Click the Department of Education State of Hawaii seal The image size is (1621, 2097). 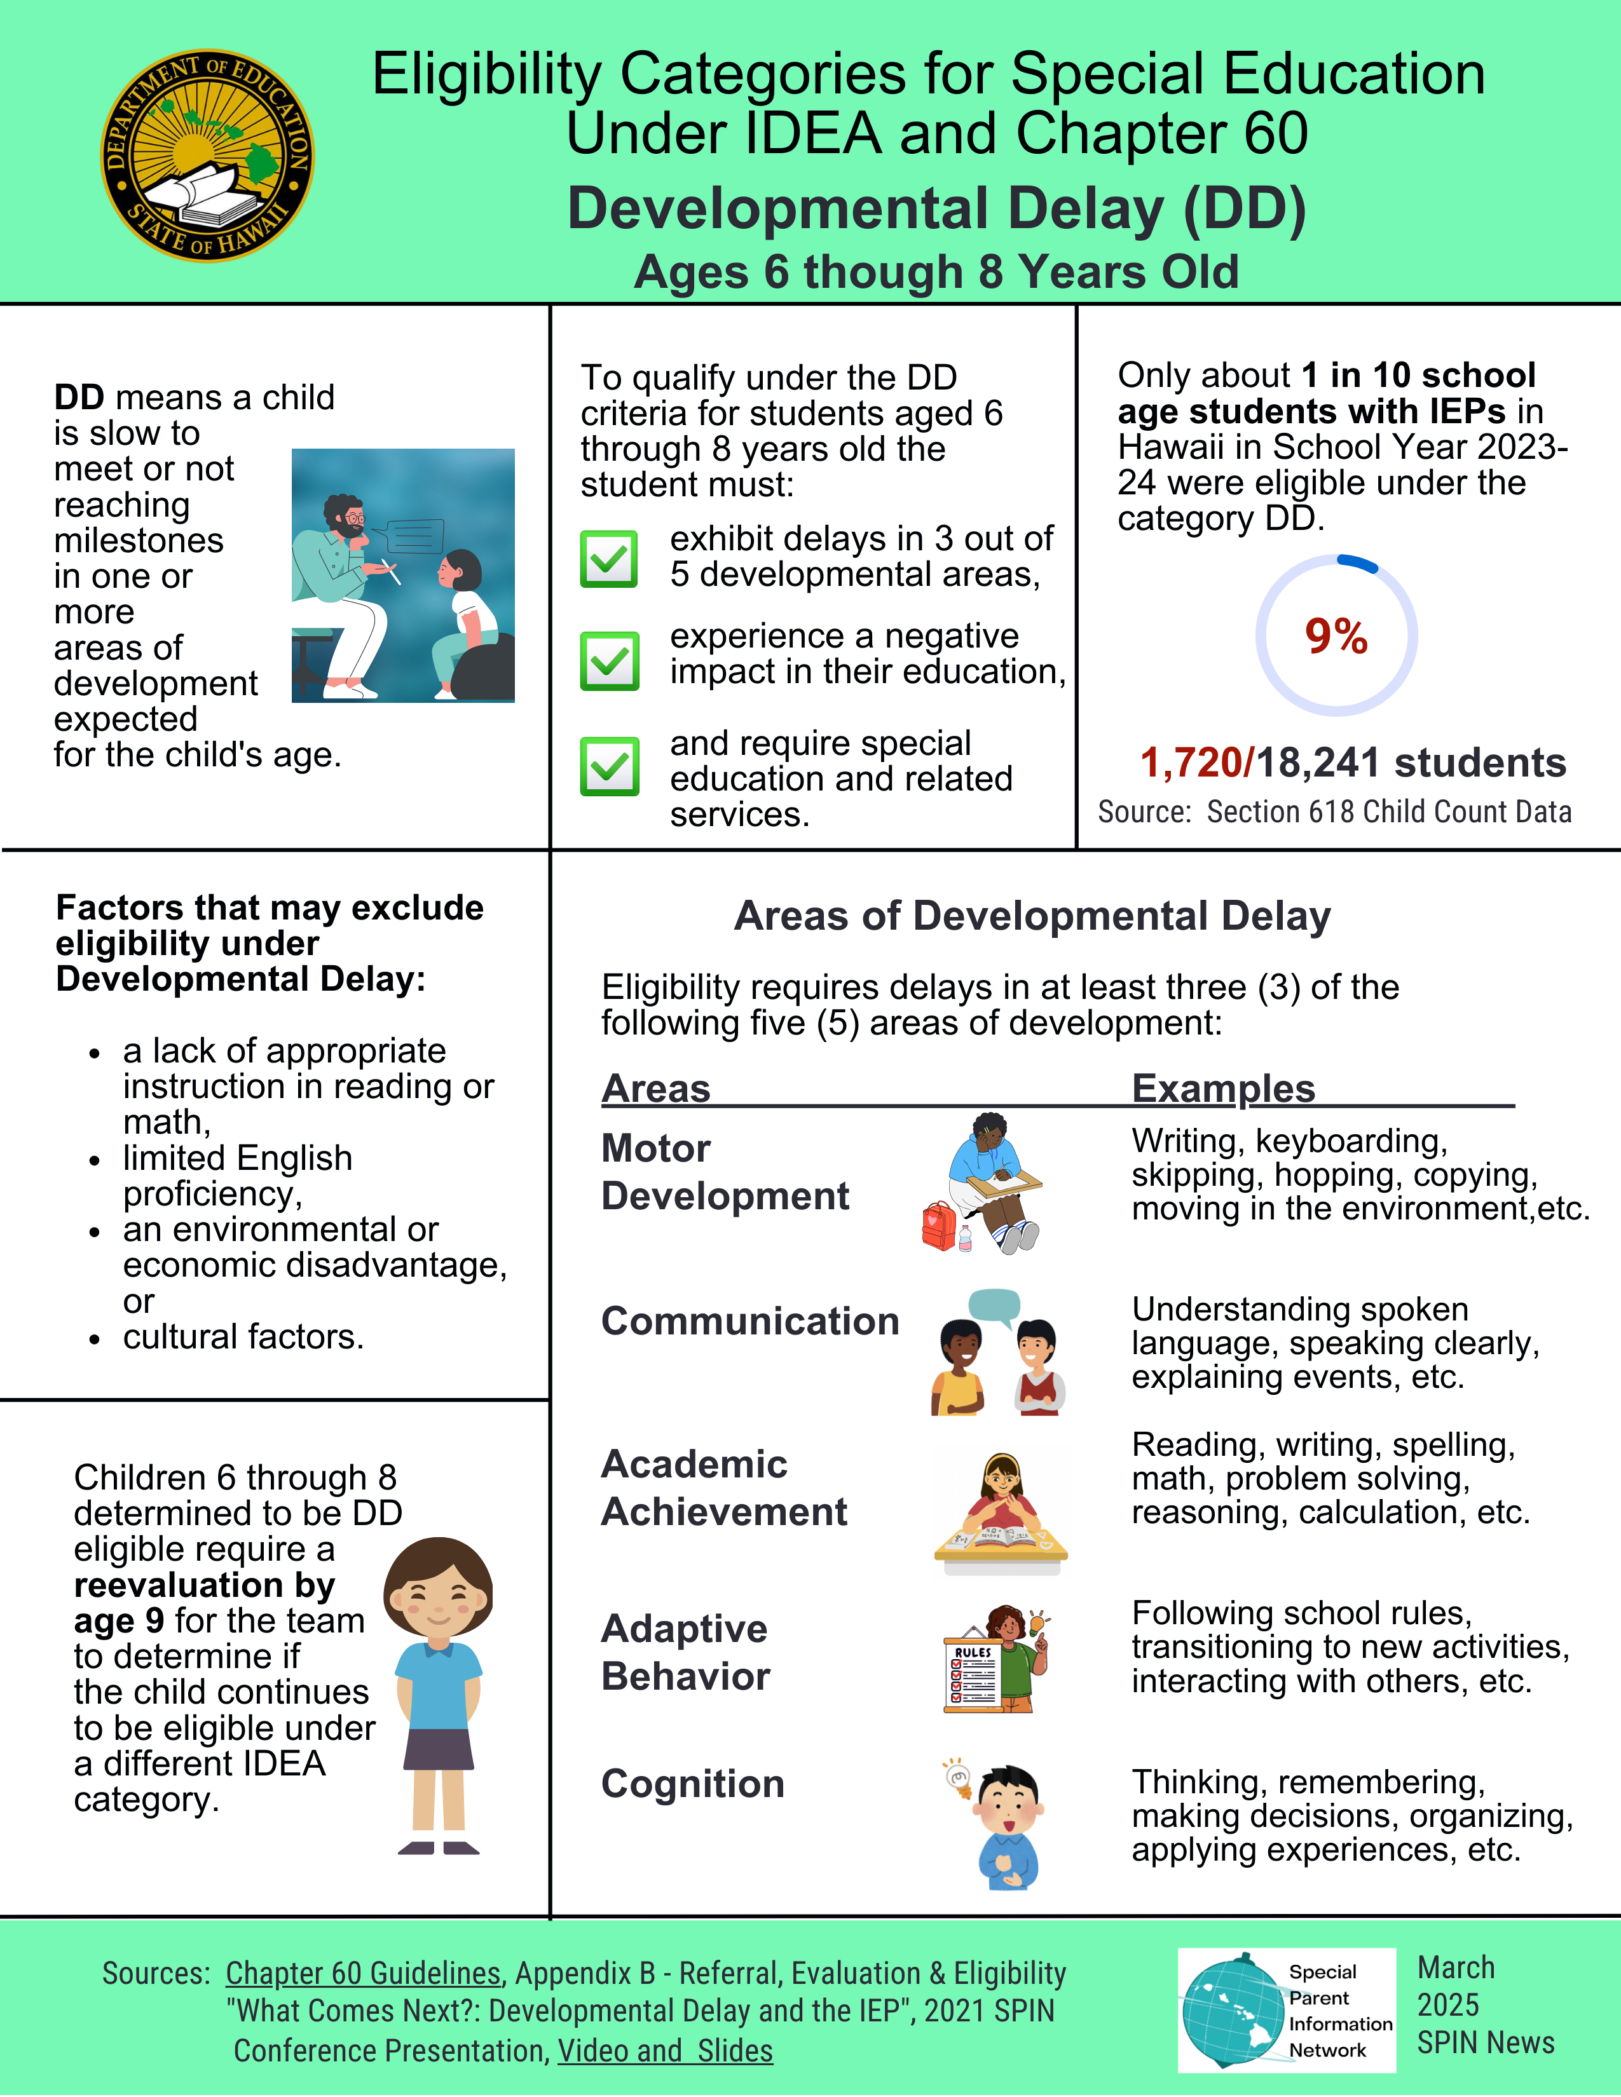[x=207, y=156]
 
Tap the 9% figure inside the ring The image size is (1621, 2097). [x=1336, y=635]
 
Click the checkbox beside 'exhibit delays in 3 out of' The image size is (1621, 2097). [x=609, y=558]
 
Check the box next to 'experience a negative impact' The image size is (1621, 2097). [x=609, y=661]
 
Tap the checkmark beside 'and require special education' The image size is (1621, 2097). [x=609, y=766]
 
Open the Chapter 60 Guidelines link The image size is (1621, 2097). [x=363, y=1973]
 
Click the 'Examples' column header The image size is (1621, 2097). [x=1222, y=1089]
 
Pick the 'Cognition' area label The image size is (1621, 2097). [x=692, y=1784]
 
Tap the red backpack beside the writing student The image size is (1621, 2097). [x=938, y=1226]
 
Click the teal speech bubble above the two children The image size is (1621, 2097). [x=994, y=1306]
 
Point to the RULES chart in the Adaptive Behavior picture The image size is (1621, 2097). [x=973, y=1676]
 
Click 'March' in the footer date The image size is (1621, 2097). [x=1456, y=1967]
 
